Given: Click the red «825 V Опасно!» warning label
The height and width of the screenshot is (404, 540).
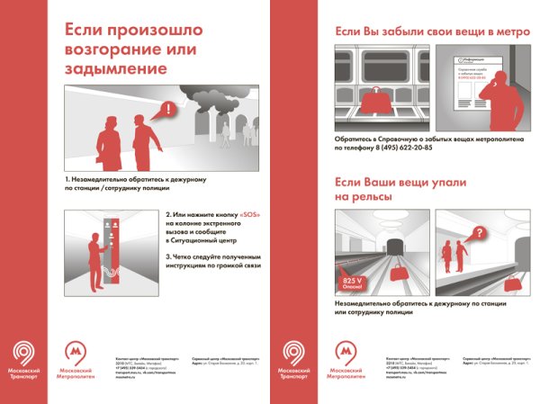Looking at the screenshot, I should coord(351,283).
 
